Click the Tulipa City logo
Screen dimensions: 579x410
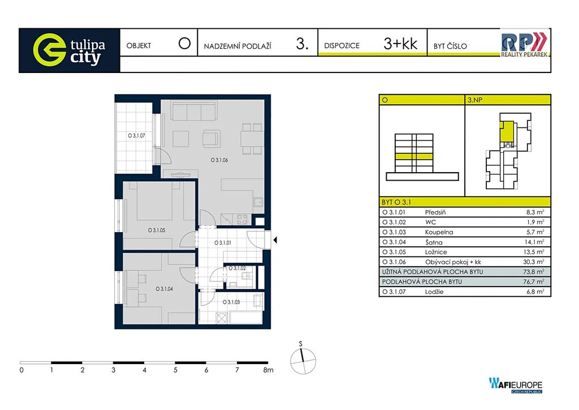tap(69, 50)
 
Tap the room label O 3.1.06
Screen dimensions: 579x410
tap(219, 160)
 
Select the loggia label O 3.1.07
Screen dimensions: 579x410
tap(137, 136)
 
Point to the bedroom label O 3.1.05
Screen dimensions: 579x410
tap(157, 230)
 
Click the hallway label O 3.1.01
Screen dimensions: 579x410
tap(223, 243)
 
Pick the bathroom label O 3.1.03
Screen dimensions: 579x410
tap(231, 302)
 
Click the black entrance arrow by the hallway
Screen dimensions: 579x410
tap(275, 240)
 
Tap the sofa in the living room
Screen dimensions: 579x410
tap(194, 112)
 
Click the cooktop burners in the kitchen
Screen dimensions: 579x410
tap(242, 219)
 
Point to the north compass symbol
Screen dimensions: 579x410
tap(303, 361)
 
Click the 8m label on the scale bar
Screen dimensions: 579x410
tap(269, 370)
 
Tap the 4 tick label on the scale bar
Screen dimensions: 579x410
tap(144, 370)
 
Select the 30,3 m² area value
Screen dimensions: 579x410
tap(535, 262)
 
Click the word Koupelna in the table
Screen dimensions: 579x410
tap(439, 232)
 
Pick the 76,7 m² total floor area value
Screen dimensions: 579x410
tap(535, 281)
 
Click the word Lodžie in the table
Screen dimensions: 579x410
tap(434, 292)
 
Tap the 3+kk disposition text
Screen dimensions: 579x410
tap(400, 44)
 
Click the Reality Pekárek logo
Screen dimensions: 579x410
tap(524, 44)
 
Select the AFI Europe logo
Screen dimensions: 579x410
tap(516, 385)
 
